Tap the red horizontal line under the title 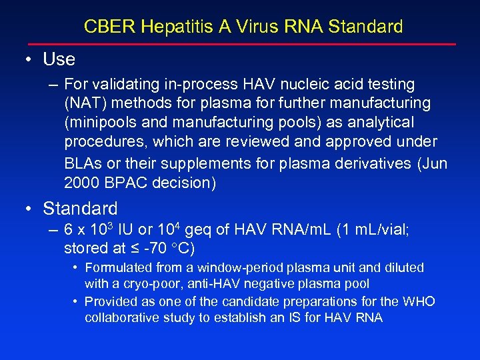(240, 45)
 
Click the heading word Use (59, 59)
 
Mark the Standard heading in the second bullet (80, 209)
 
